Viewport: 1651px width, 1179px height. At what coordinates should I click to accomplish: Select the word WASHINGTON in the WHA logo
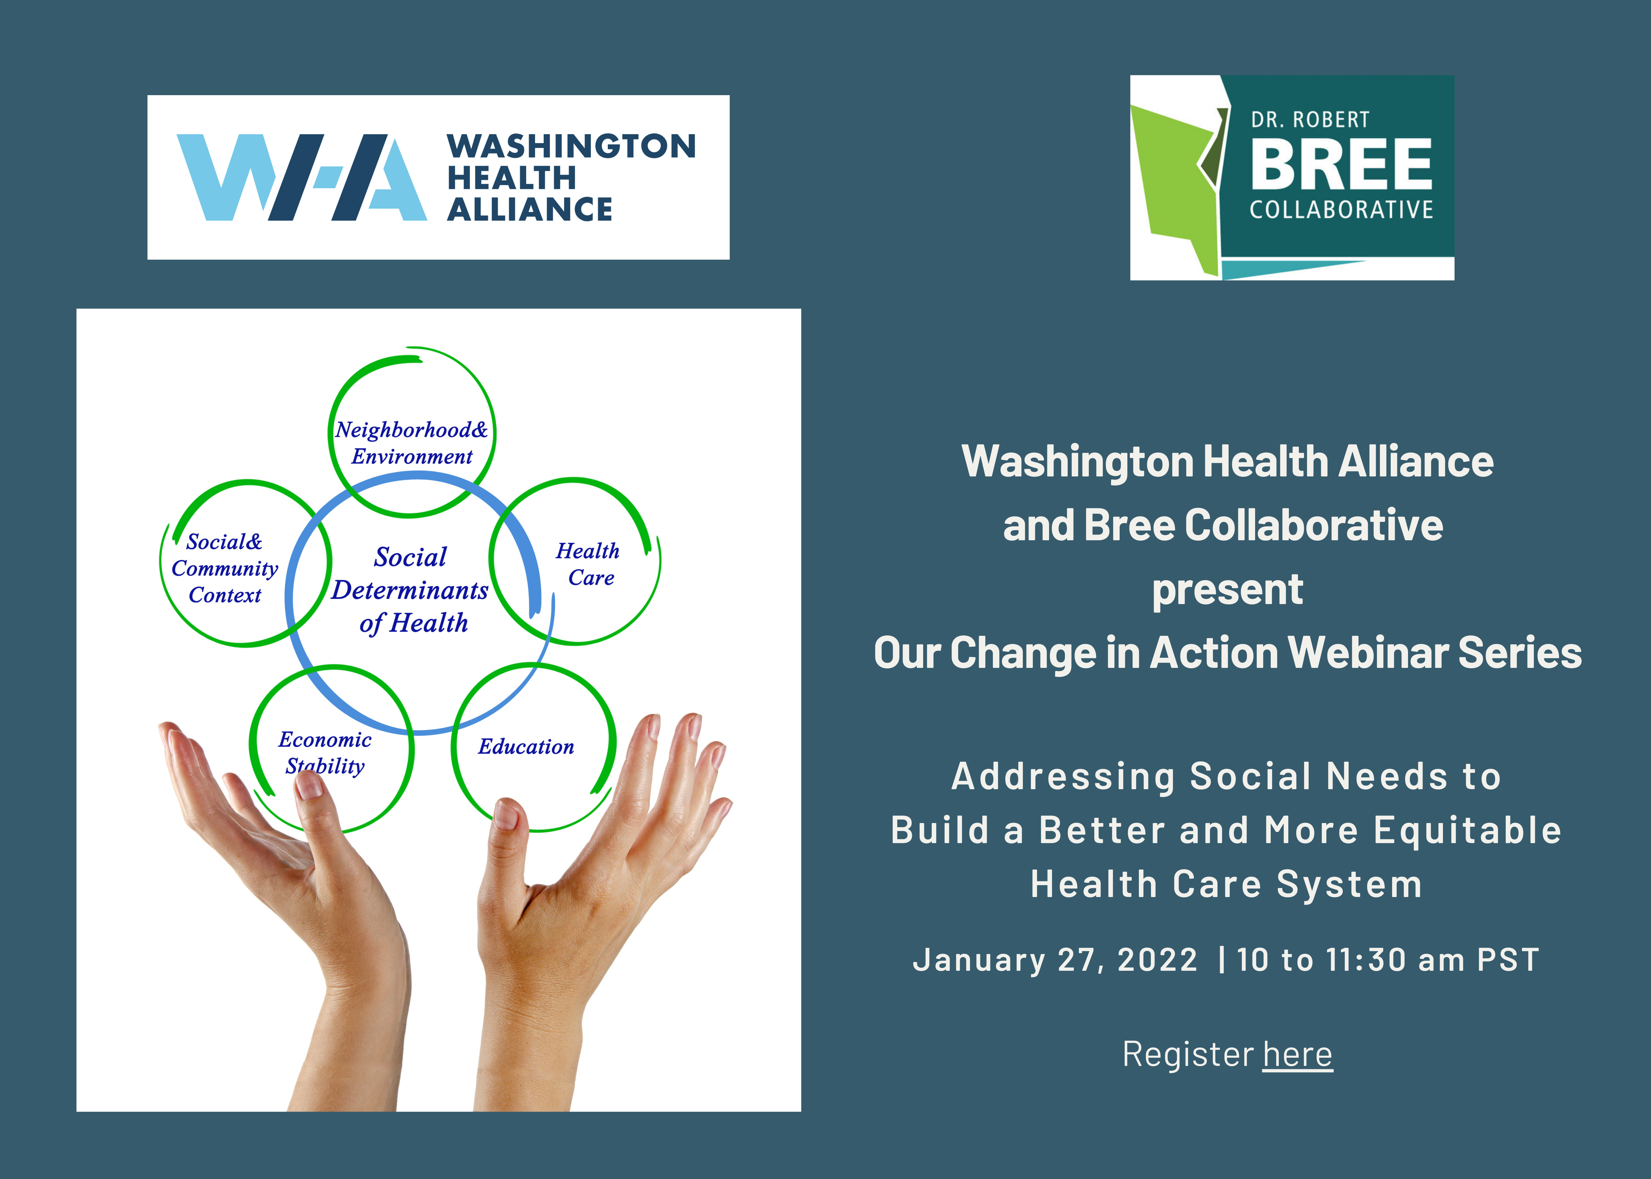pyautogui.click(x=572, y=146)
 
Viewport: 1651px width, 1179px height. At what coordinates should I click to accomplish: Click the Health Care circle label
pyautogui.click(x=588, y=564)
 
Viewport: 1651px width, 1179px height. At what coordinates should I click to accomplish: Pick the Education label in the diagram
pyautogui.click(x=526, y=746)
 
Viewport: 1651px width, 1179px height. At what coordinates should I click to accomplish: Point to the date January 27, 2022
pyautogui.click(x=1055, y=960)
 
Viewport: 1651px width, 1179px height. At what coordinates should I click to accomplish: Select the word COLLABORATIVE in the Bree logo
pyautogui.click(x=1341, y=210)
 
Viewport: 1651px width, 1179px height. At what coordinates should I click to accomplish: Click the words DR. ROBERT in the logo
pyautogui.click(x=1310, y=119)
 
